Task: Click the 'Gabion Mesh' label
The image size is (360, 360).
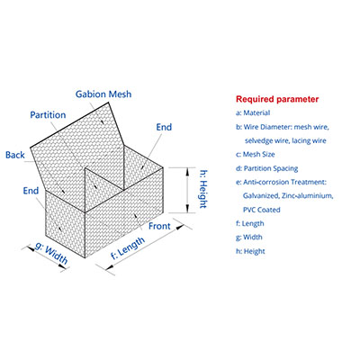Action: coord(103,94)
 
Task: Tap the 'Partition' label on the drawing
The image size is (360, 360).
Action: coord(48,115)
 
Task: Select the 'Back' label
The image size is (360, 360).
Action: coord(15,155)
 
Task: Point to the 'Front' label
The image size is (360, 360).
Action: coord(159,226)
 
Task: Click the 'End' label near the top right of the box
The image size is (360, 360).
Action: coord(164,127)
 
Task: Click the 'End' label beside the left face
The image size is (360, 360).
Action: coord(31,191)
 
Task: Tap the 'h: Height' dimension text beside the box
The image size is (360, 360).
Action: coord(203,189)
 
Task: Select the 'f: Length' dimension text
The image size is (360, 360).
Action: coord(128,247)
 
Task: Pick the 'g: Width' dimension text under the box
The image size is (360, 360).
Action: coord(51,254)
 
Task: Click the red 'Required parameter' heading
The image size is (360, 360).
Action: coord(277,99)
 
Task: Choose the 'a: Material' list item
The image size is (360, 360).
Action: coord(253,113)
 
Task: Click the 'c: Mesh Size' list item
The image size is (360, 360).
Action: coord(256,155)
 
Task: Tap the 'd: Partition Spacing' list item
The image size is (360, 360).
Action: coord(267,168)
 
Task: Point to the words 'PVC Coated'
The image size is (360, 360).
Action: coord(262,210)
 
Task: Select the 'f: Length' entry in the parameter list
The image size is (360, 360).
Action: coord(250,223)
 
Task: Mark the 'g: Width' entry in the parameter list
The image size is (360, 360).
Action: coord(249,238)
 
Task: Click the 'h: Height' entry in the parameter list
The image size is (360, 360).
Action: coord(250,251)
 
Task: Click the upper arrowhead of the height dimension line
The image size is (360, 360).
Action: coord(187,172)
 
